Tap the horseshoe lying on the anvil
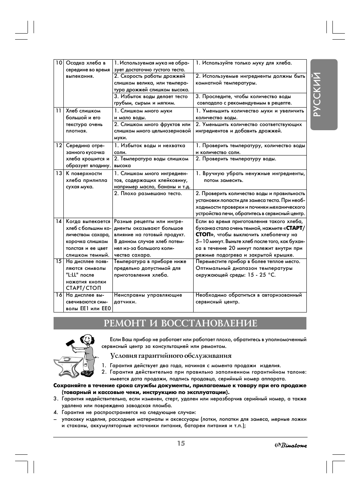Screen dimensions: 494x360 (x=68, y=359)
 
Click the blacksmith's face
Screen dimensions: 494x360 (x=88, y=340)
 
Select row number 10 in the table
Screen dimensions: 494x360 (x=58, y=63)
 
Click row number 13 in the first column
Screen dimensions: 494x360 (x=58, y=174)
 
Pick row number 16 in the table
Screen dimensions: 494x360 (x=58, y=295)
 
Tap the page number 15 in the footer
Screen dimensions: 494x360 (x=181, y=443)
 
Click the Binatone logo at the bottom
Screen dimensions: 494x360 (x=290, y=445)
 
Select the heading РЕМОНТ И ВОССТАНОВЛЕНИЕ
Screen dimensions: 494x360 (x=180, y=323)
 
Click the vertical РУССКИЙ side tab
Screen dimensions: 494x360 (x=323, y=95)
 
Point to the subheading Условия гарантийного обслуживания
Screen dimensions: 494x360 (x=171, y=355)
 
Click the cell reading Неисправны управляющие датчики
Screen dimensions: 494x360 (x=148, y=298)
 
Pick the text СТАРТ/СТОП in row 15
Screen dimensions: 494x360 (x=83, y=288)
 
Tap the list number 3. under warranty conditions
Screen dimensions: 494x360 (x=55, y=399)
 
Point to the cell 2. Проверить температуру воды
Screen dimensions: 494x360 (x=236, y=159)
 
